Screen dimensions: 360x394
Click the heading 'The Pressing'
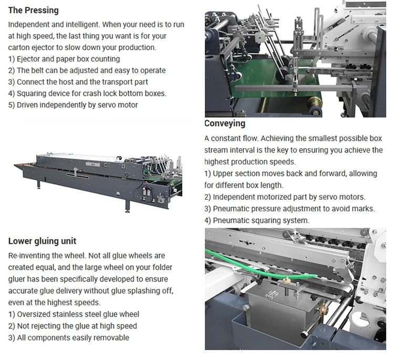click(x=33, y=10)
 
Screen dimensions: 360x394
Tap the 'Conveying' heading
click(x=225, y=124)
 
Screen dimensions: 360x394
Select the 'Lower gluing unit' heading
click(x=42, y=241)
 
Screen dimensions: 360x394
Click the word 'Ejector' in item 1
click(x=30, y=59)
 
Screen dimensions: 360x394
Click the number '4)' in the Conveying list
click(x=208, y=221)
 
